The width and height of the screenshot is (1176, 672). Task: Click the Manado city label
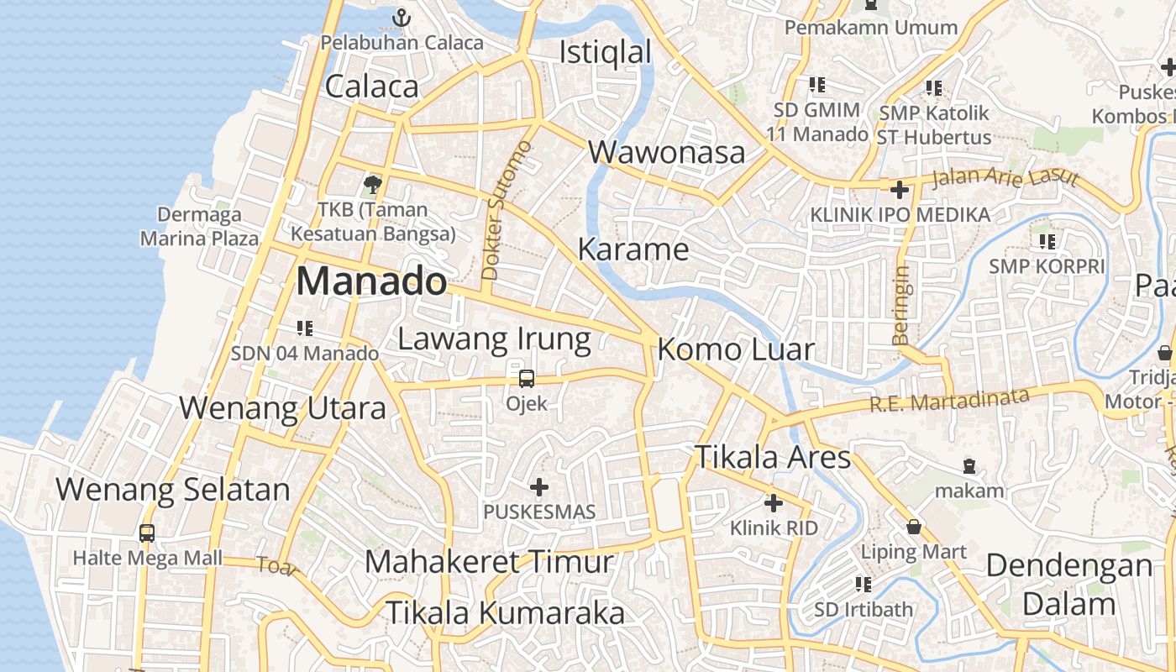coord(370,281)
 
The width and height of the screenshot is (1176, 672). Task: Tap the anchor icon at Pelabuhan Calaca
coord(402,17)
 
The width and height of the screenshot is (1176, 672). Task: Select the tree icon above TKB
coord(372,184)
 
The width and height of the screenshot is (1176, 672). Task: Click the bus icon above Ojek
coord(527,379)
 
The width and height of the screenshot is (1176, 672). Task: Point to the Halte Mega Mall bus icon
coord(147,533)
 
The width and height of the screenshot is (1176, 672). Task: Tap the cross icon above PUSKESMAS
coord(539,487)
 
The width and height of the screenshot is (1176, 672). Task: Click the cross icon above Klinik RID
coord(774,503)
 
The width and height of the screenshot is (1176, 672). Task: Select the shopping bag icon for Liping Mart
coord(914,527)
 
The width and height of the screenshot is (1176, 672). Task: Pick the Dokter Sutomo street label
coord(507,210)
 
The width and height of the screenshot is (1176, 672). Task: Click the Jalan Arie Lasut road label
coord(1005,177)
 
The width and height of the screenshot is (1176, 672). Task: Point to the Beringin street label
coord(901,305)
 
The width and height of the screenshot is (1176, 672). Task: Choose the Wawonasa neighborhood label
coord(667,153)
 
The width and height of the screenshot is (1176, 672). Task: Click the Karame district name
coord(633,249)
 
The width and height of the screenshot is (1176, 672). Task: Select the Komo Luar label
coord(736,349)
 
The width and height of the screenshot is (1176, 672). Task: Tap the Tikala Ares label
coord(773,458)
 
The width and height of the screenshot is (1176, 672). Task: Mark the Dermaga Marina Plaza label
coord(199,227)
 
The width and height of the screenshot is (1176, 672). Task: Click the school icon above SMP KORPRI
coord(1047,242)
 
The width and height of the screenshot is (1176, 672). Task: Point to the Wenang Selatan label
coord(173,489)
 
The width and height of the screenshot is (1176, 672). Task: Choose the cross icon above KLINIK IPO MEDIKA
coord(900,190)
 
